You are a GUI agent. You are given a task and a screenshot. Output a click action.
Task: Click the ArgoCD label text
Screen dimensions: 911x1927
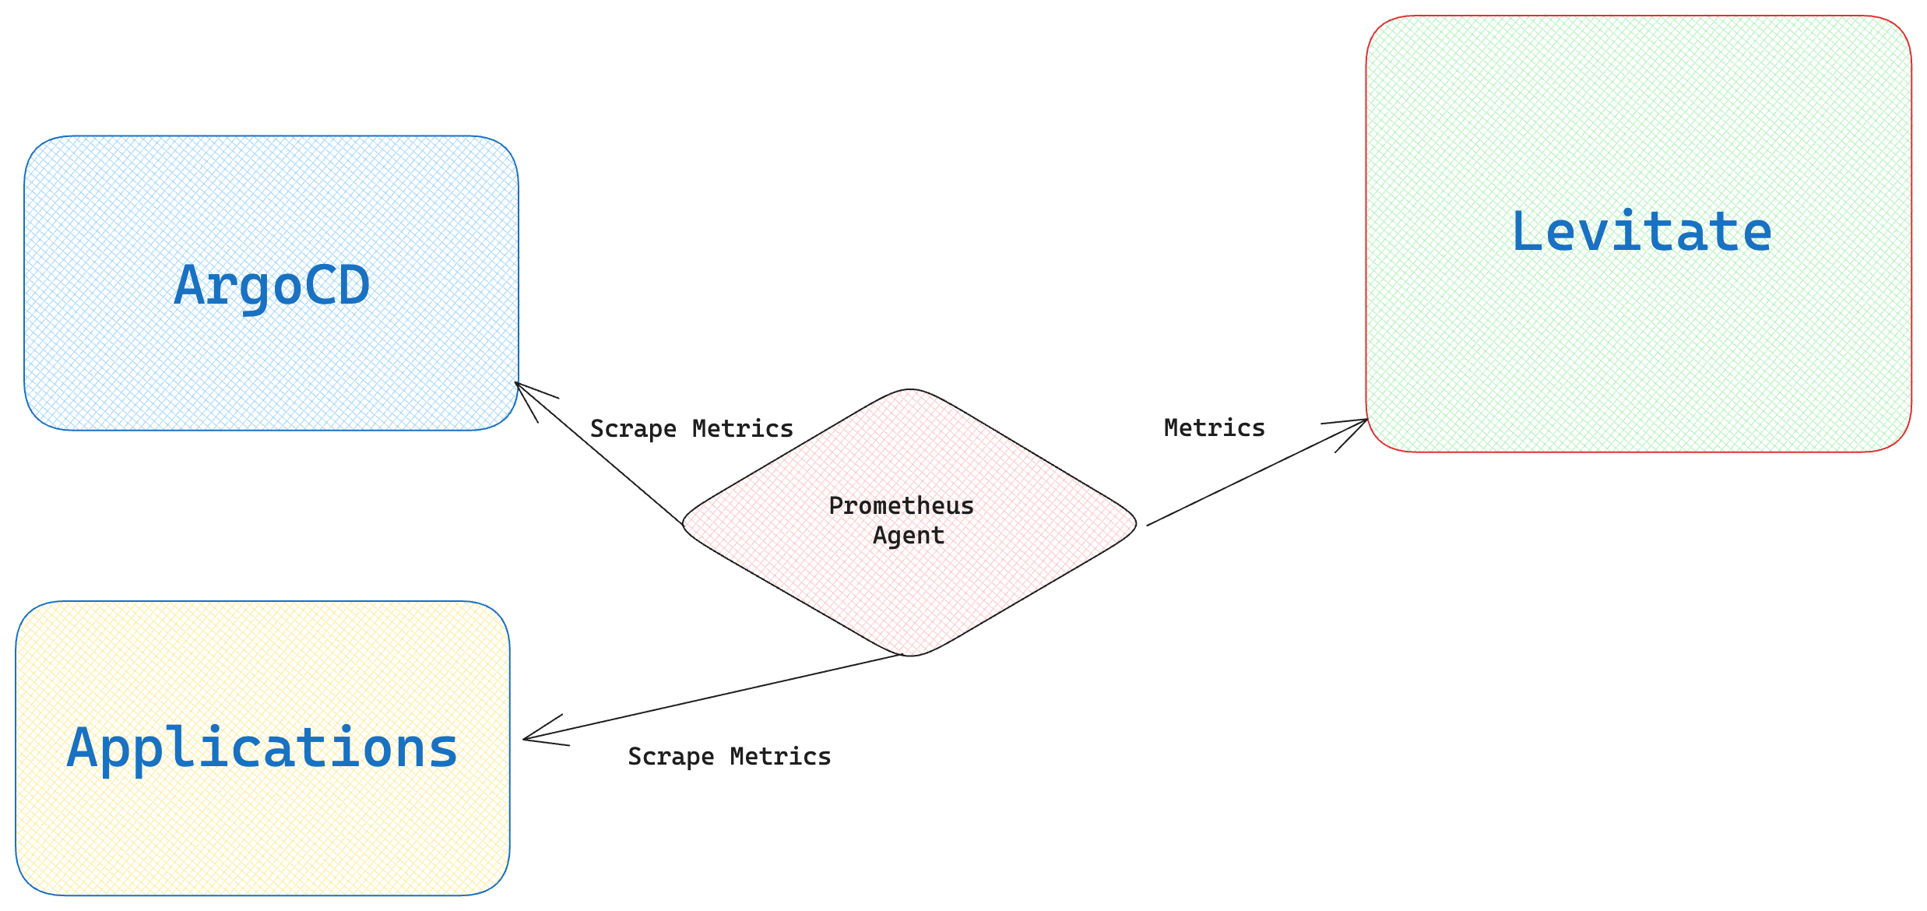pos(272,285)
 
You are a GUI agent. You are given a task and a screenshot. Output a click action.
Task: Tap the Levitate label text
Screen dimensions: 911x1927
pos(1641,231)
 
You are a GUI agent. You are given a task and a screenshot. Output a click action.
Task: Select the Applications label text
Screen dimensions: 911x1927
pos(262,747)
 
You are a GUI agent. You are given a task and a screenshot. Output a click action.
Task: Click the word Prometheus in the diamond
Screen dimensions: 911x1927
pos(901,506)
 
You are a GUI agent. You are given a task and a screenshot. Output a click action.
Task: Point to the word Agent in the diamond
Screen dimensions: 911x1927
pos(908,536)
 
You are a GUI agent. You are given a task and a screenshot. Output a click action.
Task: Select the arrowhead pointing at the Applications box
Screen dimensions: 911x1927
pos(529,738)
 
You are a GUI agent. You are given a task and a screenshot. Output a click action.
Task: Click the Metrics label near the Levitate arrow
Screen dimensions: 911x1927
pos(1214,427)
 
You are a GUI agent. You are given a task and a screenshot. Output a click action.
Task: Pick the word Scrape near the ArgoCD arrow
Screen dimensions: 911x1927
pos(633,429)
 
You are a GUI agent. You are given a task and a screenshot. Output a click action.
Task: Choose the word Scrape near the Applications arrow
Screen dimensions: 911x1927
pos(670,757)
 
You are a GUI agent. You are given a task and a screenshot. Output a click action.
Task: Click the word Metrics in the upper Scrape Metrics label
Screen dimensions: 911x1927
pos(742,428)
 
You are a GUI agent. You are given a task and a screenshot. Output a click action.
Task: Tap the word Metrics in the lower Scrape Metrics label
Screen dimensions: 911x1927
pos(780,756)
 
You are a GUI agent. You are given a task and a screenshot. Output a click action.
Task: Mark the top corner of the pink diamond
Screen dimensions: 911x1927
pos(909,390)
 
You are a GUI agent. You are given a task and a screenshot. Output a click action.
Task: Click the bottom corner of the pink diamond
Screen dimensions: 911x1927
pos(909,655)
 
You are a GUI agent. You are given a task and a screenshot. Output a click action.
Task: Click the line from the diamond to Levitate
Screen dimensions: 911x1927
pos(1254,474)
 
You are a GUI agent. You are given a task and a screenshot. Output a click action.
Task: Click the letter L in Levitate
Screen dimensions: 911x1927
pos(1527,231)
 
